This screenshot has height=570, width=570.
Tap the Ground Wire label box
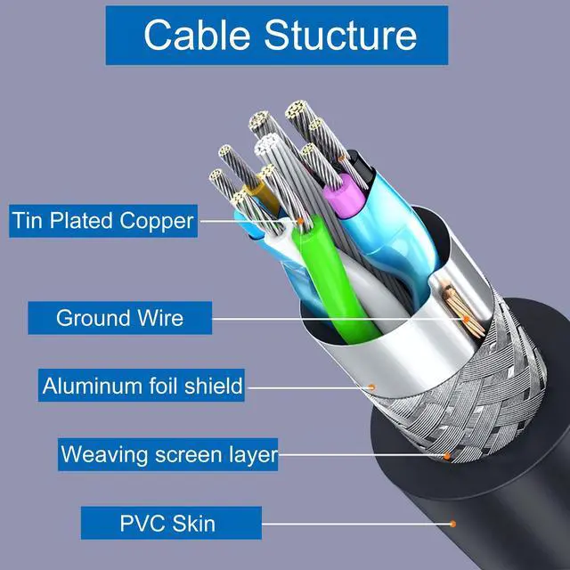point(118,317)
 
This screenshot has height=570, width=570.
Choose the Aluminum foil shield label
point(142,386)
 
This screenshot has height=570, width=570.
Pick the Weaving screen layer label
point(168,455)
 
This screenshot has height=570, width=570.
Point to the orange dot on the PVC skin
point(452,524)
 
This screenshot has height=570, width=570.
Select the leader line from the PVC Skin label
point(356,524)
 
